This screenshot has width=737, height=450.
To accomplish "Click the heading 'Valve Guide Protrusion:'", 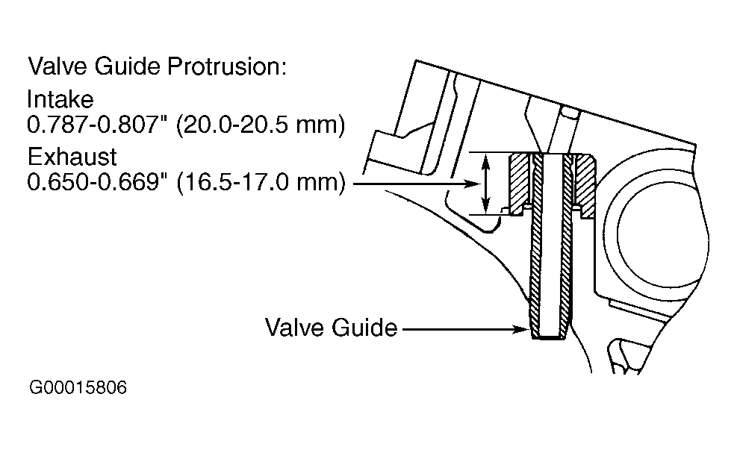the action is [157, 66].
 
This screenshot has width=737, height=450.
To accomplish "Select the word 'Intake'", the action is [60, 99].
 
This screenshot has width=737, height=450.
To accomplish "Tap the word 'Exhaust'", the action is [72, 157].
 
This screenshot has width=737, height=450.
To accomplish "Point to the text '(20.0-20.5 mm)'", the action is [261, 125].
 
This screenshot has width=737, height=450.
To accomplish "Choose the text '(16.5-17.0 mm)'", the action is [261, 183].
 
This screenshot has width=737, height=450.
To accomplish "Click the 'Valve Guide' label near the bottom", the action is [332, 328].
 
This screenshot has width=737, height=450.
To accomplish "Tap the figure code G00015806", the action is [78, 387].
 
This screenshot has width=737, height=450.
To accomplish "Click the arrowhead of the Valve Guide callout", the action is [524, 329].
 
